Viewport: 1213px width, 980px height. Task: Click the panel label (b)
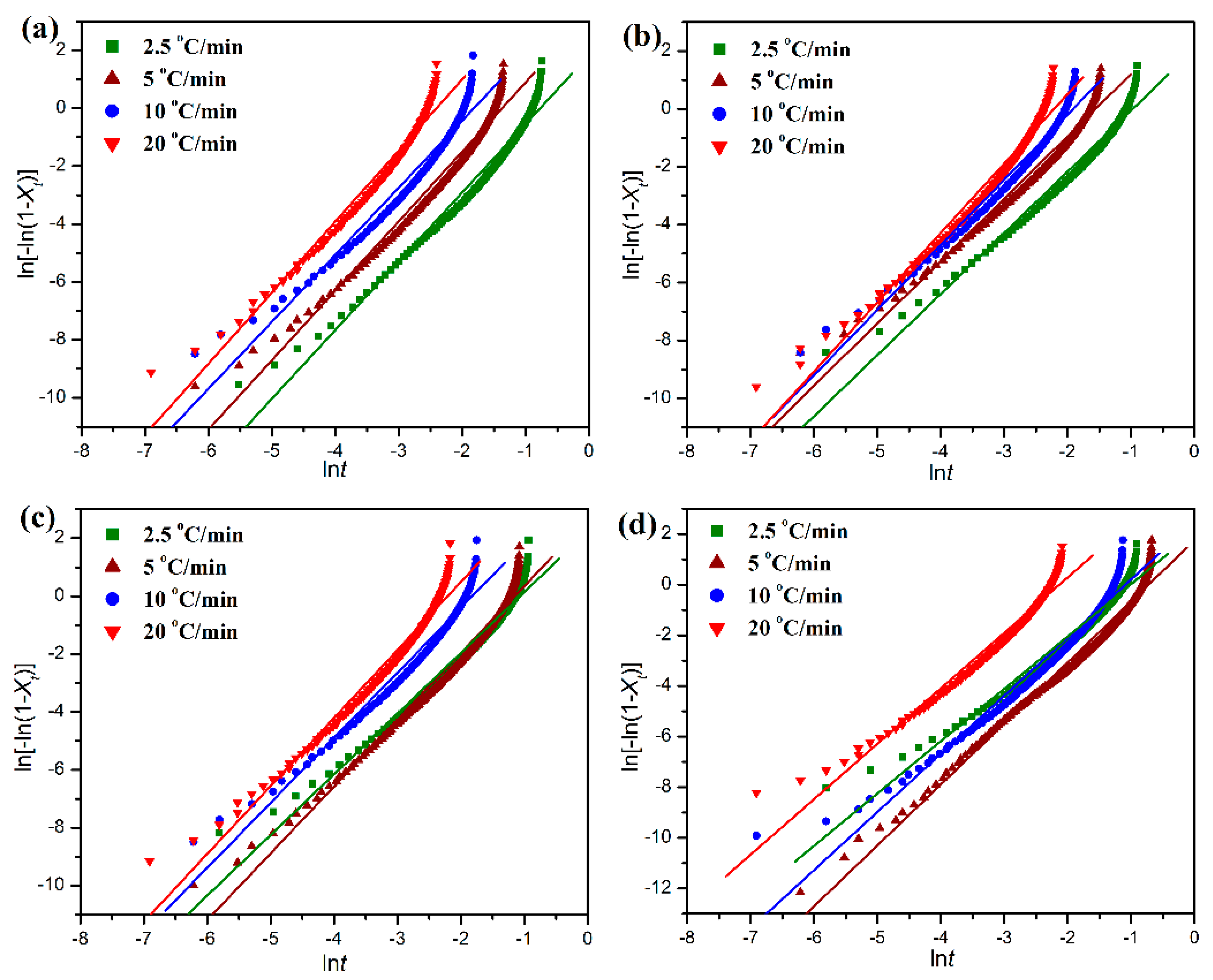click(x=642, y=37)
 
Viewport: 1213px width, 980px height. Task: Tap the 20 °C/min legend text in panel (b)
click(x=797, y=147)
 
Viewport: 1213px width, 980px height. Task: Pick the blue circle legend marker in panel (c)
click(x=112, y=599)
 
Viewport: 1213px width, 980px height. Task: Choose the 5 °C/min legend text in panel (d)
click(x=789, y=563)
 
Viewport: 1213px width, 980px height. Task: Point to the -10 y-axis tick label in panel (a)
click(x=53, y=397)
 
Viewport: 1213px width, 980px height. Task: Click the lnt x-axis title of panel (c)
click(x=334, y=962)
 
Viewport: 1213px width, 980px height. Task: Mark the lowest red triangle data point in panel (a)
click(x=151, y=373)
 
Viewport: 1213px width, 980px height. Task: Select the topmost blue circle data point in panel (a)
click(x=473, y=55)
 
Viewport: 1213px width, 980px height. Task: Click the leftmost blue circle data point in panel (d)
click(x=756, y=835)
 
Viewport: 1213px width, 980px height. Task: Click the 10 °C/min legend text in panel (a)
click(x=190, y=111)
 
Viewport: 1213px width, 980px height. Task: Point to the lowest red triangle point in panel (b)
click(x=756, y=387)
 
